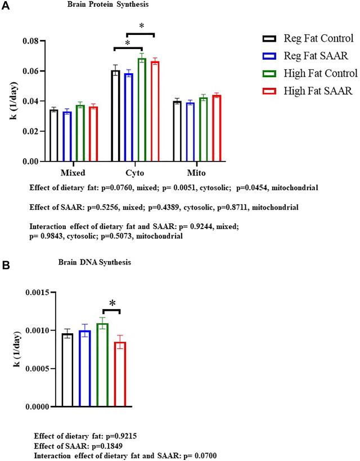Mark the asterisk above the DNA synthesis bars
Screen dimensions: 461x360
[x=112, y=304]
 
